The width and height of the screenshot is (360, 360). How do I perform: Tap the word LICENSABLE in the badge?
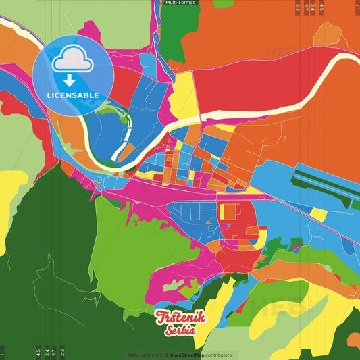(x=73, y=95)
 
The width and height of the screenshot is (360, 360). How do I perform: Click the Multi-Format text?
(x=180, y=3)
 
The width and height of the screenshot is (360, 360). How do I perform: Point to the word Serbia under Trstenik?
(x=179, y=331)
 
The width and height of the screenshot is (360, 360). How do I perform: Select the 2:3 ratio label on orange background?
(x=297, y=7)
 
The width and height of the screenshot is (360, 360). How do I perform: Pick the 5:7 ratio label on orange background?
(x=306, y=7)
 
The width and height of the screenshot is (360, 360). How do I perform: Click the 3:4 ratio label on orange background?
(x=313, y=7)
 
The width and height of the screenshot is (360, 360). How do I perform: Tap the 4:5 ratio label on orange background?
(x=322, y=7)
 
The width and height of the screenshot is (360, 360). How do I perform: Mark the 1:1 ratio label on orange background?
(x=357, y=7)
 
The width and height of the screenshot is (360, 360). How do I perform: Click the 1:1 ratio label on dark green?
(x=3, y=352)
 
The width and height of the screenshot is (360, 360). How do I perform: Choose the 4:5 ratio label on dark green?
(x=38, y=352)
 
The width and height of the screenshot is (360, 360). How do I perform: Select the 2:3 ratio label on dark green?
(x=62, y=352)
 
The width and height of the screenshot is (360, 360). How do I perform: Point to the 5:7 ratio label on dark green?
(x=54, y=352)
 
